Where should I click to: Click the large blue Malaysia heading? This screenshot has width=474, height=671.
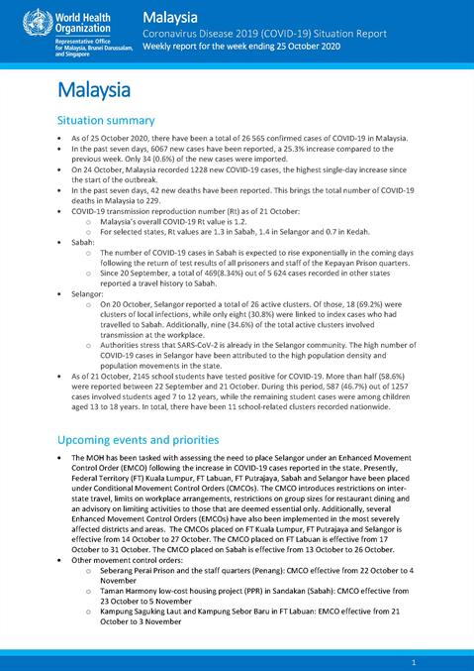[x=95, y=90]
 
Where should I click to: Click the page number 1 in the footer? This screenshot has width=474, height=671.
[x=426, y=660]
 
